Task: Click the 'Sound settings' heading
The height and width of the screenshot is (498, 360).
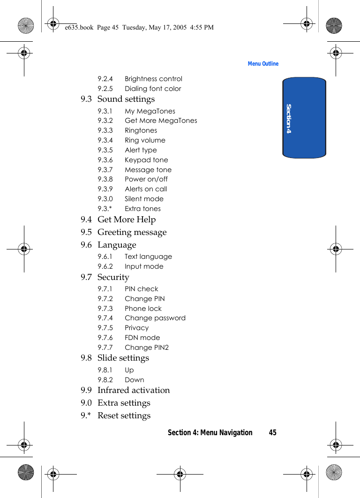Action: click(126, 99)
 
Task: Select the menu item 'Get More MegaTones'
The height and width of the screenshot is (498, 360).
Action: click(161, 121)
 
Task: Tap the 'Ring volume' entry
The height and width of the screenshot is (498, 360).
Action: click(145, 140)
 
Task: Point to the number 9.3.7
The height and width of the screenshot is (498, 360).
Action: click(105, 170)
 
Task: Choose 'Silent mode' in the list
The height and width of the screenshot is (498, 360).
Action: click(144, 199)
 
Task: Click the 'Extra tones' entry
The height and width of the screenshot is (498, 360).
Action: click(142, 209)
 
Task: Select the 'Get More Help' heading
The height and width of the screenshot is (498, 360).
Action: click(126, 220)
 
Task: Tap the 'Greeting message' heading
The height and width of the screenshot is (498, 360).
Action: click(132, 233)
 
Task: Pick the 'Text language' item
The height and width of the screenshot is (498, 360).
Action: click(148, 257)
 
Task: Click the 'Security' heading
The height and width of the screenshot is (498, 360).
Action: click(113, 278)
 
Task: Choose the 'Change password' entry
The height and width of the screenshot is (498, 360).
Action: click(155, 318)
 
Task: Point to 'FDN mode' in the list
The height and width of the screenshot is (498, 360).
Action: click(142, 338)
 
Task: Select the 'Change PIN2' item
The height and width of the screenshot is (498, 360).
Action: click(147, 347)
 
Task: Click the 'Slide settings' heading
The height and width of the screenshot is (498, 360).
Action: click(123, 358)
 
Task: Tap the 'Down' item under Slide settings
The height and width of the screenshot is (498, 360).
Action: click(134, 380)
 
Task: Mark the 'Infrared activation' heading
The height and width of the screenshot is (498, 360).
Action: click(134, 391)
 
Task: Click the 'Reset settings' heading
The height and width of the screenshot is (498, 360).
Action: click(124, 416)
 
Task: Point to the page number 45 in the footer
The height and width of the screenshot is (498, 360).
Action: click(272, 432)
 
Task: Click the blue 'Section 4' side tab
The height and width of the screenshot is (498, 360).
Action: click(304, 118)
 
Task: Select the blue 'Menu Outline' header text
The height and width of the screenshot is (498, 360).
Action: click(263, 64)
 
